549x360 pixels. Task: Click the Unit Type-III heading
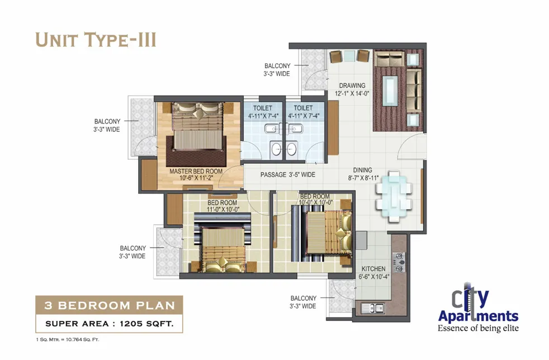96,40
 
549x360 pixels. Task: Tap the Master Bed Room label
196,175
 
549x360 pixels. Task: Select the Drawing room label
352,89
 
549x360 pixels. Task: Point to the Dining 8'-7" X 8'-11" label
363,174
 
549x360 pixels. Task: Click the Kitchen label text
374,272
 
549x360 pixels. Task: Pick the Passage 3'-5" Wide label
288,174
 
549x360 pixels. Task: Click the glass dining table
394,196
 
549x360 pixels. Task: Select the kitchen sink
373,308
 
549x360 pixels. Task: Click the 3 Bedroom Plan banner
109,305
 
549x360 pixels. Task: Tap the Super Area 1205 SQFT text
109,324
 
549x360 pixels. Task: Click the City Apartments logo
478,304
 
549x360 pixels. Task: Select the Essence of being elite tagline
478,328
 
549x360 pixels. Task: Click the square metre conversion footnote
68,339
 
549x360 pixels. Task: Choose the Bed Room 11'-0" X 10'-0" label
223,206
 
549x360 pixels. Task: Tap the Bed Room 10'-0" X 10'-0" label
315,199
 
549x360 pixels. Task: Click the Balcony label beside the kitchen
303,302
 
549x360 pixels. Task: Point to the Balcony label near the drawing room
277,70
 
